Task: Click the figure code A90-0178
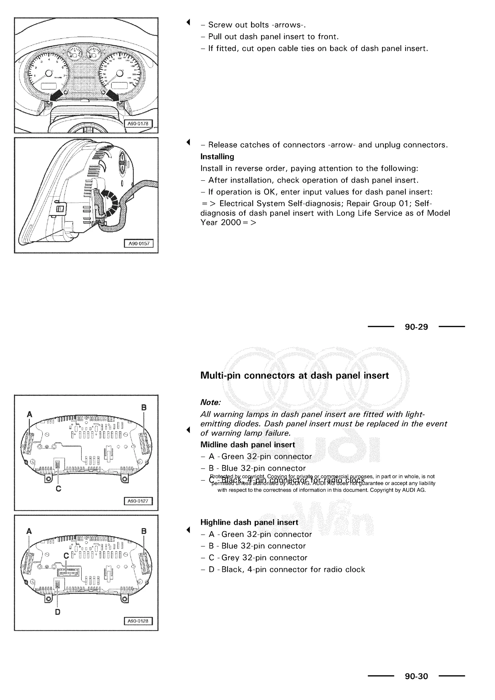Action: click(138, 124)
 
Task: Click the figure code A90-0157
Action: click(139, 244)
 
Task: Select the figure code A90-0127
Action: click(138, 501)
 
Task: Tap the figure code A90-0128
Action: click(138, 621)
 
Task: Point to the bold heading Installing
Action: click(217, 157)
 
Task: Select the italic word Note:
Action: click(210, 403)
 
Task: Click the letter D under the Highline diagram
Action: click(58, 612)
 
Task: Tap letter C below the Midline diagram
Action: click(58, 489)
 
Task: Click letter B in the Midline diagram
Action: click(144, 408)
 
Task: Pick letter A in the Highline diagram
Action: click(29, 531)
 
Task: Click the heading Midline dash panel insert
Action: click(247, 445)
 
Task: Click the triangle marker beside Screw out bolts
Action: click(188, 22)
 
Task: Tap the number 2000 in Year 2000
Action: click(231, 223)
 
